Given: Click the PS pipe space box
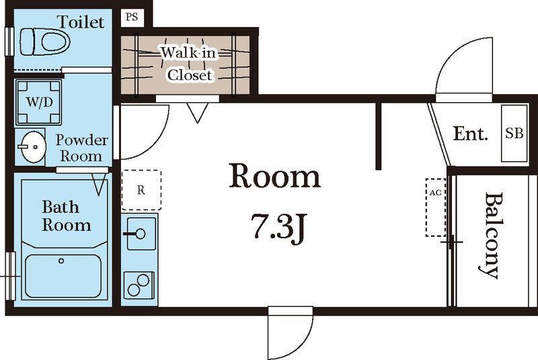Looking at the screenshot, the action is coord(132,17).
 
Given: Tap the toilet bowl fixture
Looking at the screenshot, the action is coord(45,42).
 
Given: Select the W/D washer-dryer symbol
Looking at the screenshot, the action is coord(39,102).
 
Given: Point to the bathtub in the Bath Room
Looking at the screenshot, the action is coord(63,277).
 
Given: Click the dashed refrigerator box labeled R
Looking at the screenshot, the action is coord(141,190).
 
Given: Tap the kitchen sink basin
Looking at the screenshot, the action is coord(141,233).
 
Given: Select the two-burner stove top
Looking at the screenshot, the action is coord(139,285).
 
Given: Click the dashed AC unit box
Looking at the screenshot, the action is coord(436,207).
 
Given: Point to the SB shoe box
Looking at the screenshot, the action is coord(514,133).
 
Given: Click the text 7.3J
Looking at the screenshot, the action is coord(278,225).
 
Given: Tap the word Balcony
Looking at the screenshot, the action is coord(492,235).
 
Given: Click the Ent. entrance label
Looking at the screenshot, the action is coord(470,133).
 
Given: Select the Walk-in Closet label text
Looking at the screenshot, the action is coord(189,63).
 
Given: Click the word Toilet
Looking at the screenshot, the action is coord(81,22).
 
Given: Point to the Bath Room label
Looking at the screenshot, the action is coord(66,216).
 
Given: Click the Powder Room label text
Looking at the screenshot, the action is coord(81,148).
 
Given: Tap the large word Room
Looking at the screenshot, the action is coord(275,176).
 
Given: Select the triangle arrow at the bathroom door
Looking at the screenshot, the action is coord(99,184).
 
